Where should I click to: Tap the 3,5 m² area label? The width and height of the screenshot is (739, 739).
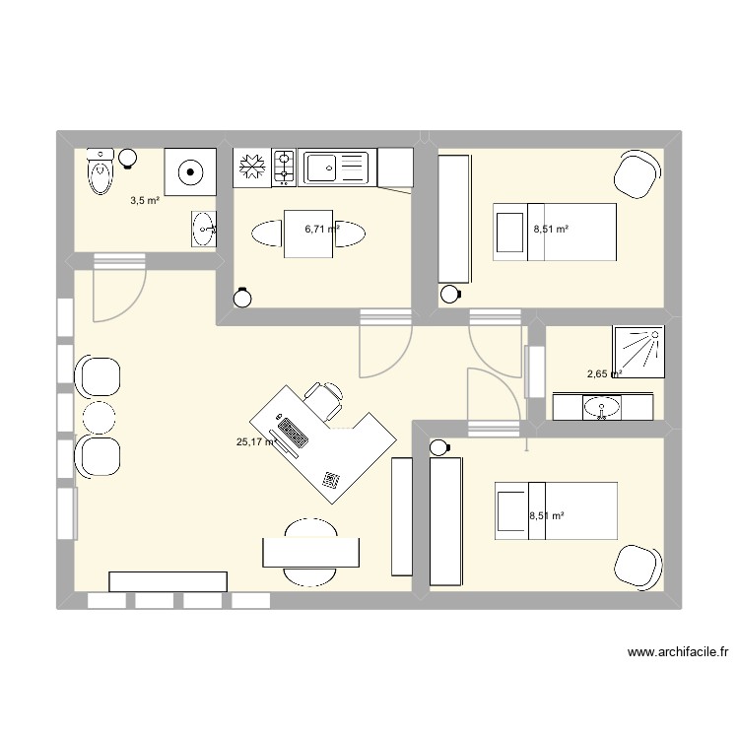pyautogui.click(x=145, y=201)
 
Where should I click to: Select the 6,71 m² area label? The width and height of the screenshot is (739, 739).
pyautogui.click(x=321, y=229)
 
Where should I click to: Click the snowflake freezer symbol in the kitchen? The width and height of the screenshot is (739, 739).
pyautogui.click(x=252, y=166)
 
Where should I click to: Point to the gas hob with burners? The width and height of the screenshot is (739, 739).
pyautogui.click(x=284, y=167)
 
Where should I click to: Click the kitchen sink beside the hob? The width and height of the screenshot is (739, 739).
pyautogui.click(x=334, y=167)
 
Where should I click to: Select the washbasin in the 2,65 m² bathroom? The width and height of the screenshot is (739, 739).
pyautogui.click(x=601, y=406)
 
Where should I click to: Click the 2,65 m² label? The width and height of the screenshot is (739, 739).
pyautogui.click(x=604, y=374)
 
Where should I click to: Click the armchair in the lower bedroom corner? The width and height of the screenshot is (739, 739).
pyautogui.click(x=636, y=567)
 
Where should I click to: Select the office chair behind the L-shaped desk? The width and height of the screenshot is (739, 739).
pyautogui.click(x=324, y=398)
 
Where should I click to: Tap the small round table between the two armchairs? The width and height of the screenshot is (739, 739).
pyautogui.click(x=99, y=418)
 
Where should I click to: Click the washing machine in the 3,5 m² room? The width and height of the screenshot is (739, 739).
pyautogui.click(x=190, y=173)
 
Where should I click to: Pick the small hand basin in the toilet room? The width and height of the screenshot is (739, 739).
pyautogui.click(x=203, y=229)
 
